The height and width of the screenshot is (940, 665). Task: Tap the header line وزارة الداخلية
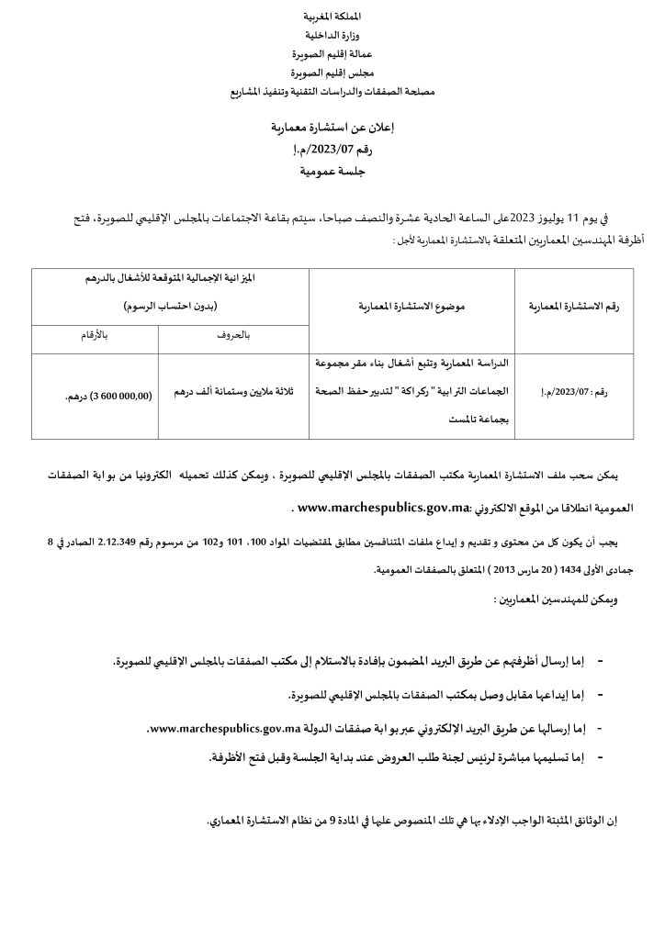coord(332,36)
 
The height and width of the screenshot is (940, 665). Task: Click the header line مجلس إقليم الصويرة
coord(332,73)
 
